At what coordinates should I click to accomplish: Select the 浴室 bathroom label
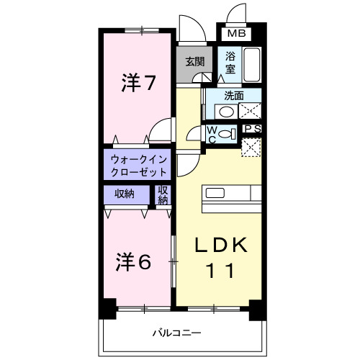click(230, 62)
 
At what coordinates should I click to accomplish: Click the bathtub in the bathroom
click(252, 66)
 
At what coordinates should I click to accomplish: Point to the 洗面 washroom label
click(233, 94)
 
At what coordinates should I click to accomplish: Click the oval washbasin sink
click(227, 112)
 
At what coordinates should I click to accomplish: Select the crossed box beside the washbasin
click(250, 112)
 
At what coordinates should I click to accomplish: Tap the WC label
click(212, 134)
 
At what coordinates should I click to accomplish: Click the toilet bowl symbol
click(226, 134)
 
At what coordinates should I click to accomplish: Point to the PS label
click(252, 129)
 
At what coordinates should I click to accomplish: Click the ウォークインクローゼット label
click(139, 166)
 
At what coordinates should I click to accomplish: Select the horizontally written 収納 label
click(124, 194)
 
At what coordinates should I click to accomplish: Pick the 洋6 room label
click(132, 261)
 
